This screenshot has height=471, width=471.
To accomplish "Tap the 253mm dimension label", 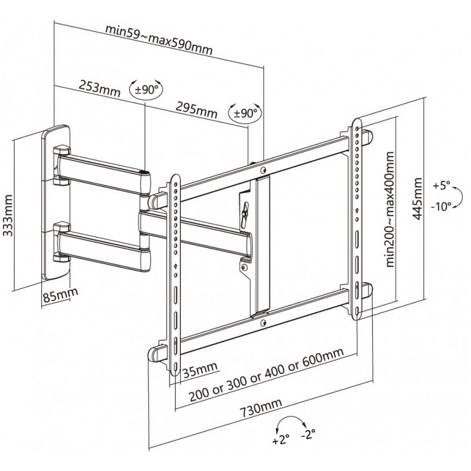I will coord(98,89).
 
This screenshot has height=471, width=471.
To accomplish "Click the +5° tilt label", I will coord(442,185).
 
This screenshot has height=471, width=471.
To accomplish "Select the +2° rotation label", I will coord(282,439).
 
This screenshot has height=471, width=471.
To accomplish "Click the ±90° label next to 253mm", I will coord(146,90).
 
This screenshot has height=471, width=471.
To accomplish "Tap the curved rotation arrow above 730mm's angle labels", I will coord(293,423).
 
